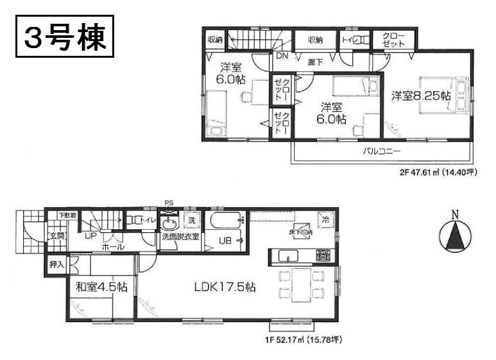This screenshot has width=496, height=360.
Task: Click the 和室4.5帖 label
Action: (x=101, y=287)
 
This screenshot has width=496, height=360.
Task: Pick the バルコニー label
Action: (x=382, y=152)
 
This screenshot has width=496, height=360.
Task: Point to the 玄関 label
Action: (x=57, y=236)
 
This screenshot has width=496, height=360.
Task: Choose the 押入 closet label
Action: (x=56, y=263)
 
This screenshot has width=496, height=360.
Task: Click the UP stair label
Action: (x=90, y=236)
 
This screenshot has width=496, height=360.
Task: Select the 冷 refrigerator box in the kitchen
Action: (x=326, y=218)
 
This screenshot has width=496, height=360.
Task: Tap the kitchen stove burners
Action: (x=323, y=256)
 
